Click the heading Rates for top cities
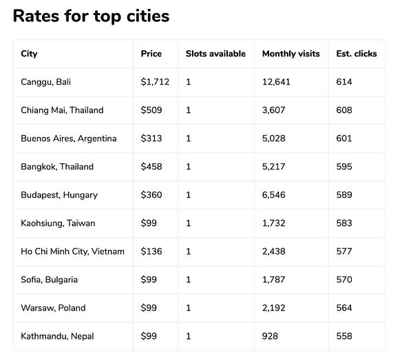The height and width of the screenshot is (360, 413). tap(91, 15)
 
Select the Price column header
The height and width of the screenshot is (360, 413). tap(151, 54)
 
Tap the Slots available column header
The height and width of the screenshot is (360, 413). tap(215, 54)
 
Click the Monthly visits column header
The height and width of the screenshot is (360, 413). tap(291, 54)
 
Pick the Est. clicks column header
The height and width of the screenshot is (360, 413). tap(357, 54)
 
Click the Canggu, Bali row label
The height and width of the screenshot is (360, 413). tap(46, 82)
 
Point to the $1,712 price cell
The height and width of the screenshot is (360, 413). tap(155, 82)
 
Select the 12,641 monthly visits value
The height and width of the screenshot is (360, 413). tap(281, 82)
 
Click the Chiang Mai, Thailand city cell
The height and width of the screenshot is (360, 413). tap(62, 110)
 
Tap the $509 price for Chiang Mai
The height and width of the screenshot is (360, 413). tap(151, 110)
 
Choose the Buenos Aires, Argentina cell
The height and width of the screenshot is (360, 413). tap(69, 138)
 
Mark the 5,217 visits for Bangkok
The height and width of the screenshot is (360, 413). tap(277, 167)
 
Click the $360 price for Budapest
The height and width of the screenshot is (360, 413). tap(151, 195)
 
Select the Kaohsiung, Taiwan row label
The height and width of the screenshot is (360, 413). tap(58, 223)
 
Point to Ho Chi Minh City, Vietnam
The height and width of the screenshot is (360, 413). tap(73, 251)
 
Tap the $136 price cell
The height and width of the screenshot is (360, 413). tap(151, 251)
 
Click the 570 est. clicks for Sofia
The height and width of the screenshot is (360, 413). tap(344, 279)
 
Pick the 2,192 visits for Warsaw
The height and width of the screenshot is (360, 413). tap(277, 308)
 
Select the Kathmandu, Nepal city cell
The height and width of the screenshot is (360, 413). tap(57, 336)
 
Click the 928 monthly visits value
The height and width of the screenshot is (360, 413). tap(272, 336)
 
